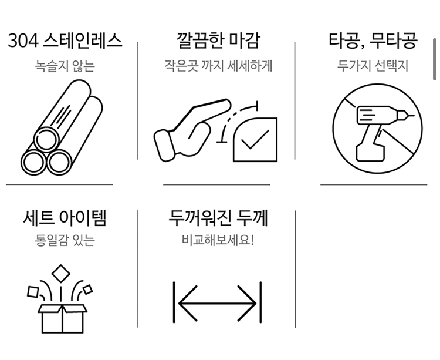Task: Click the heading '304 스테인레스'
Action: coord(65,41)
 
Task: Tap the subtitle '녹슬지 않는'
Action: coord(65,65)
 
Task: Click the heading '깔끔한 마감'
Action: coord(217,41)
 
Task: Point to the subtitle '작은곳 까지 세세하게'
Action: coord(218,65)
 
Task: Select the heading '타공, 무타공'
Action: coord(373,41)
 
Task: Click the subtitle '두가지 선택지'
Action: coord(373,65)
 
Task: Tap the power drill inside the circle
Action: coord(373,130)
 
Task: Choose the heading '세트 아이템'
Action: coord(65,218)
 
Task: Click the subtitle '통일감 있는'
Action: coord(65,240)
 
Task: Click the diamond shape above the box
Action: coord(60,274)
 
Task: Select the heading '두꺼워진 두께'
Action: coord(218,218)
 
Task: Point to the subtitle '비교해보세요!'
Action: coord(218,240)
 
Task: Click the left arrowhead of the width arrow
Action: coord(182,302)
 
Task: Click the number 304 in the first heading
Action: coord(22,41)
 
